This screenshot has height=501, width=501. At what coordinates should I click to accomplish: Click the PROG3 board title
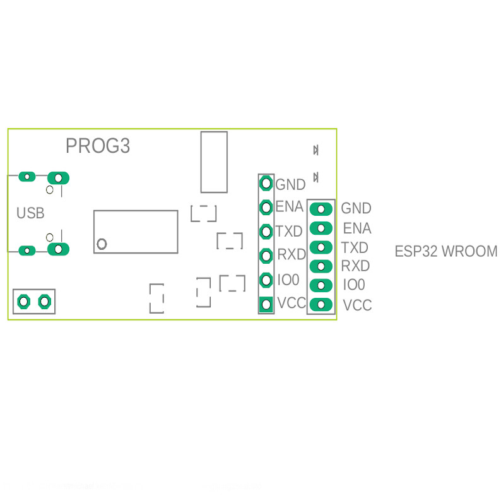tap(98, 146)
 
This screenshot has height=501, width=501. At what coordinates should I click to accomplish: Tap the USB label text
tap(30, 213)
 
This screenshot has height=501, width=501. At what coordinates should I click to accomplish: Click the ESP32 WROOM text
tap(445, 251)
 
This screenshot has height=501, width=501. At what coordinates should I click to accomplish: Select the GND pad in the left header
tap(266, 184)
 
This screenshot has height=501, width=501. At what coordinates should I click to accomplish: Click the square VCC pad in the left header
tap(266, 305)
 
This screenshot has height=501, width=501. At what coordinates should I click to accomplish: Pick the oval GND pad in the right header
tap(322, 208)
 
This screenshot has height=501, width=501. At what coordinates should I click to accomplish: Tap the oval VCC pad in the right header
tap(322, 305)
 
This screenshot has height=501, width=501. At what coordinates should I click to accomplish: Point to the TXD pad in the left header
tap(266, 231)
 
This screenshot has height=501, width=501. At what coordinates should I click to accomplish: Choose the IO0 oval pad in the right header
tap(322, 285)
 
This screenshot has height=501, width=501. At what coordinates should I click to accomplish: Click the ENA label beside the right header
tap(357, 228)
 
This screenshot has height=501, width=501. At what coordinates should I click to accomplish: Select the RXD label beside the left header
tap(292, 255)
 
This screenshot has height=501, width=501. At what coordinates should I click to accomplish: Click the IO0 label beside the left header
tap(288, 280)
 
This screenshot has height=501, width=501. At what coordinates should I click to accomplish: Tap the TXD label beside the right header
tap(355, 247)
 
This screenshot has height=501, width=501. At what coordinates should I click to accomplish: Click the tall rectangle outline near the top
tap(214, 162)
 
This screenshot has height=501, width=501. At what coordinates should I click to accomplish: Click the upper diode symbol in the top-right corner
tap(315, 150)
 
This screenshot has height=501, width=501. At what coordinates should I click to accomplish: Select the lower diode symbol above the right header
tap(316, 177)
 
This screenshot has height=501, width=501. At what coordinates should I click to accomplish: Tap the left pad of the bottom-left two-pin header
tap(24, 302)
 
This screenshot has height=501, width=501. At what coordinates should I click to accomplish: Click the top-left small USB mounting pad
tap(27, 176)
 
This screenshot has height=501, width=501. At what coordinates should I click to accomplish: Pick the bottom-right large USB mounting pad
tap(59, 249)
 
